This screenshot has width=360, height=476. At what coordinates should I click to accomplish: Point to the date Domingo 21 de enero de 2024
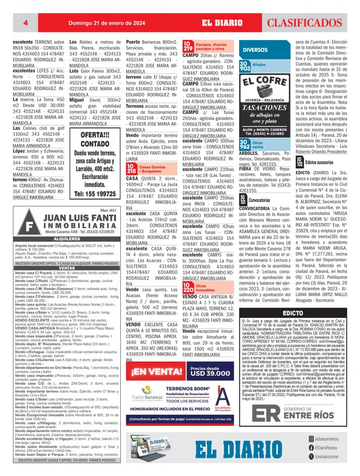click(106, 23)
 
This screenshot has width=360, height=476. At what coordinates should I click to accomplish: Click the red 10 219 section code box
click(188, 46)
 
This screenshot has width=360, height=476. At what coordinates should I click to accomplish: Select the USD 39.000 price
click(210, 373)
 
